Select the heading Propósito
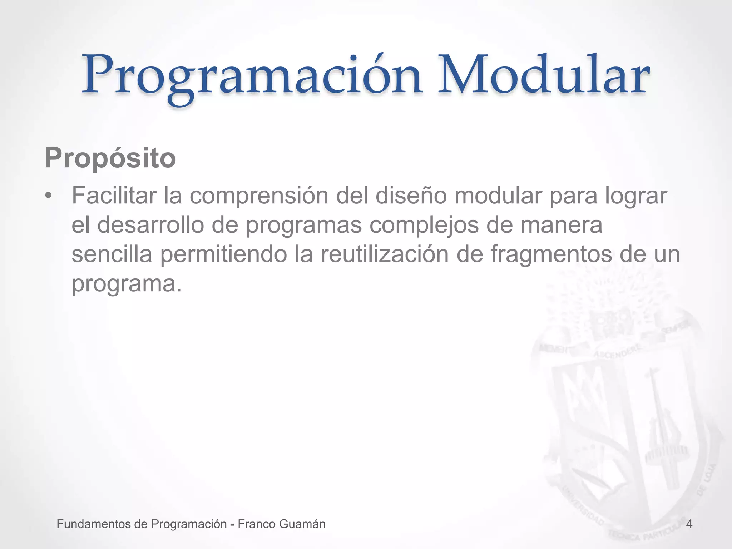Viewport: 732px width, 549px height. coord(110,158)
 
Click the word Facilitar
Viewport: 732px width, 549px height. coord(114,196)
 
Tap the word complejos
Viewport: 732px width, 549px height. coord(424,226)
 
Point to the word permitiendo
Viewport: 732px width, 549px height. coord(224,254)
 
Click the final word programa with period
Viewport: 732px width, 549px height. coord(127,284)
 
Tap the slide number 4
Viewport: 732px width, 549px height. coord(689,524)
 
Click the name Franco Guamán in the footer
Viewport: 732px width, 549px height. coord(282,524)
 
